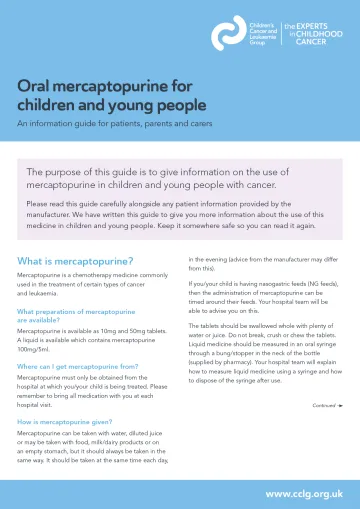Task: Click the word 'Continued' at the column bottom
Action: pyautogui.click(x=323, y=406)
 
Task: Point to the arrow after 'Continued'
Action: pyautogui.click(x=341, y=406)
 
